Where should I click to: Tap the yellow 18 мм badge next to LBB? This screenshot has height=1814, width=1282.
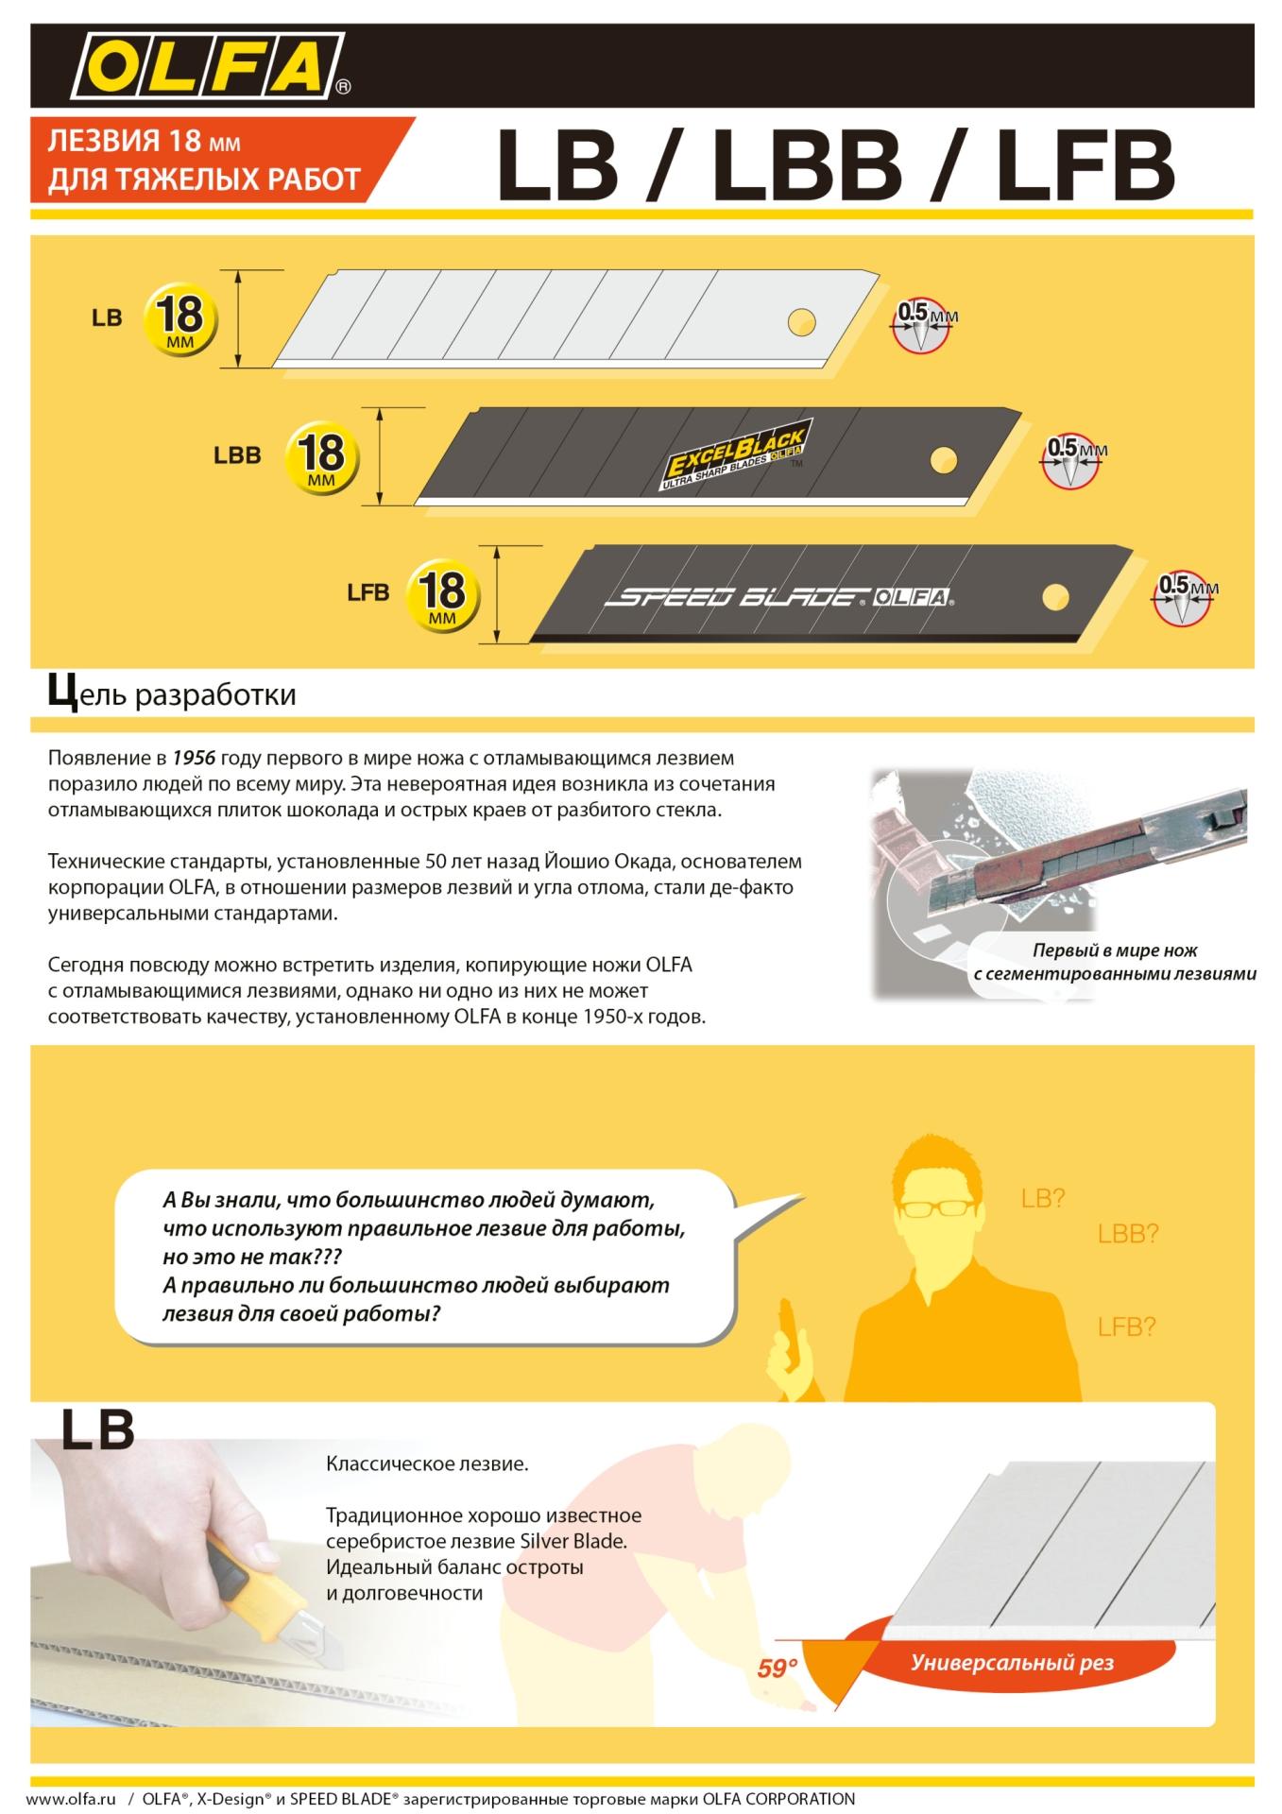(x=322, y=455)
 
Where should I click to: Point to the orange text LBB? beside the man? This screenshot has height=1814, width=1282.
(x=1127, y=1234)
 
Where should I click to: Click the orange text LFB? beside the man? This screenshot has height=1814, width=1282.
(x=1126, y=1326)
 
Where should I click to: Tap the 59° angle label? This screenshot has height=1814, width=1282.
(x=777, y=1669)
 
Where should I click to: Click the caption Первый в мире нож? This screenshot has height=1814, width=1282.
(x=1115, y=950)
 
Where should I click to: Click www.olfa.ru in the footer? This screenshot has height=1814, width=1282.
(x=70, y=1799)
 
